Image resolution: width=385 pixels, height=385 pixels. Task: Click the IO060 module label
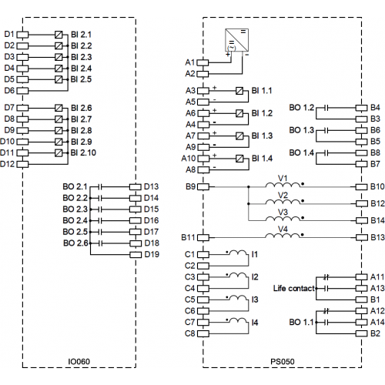[79, 361]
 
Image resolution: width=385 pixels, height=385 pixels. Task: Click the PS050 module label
[283, 361]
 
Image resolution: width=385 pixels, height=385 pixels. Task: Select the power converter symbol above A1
[236, 40]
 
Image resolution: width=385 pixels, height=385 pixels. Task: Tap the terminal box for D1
[22, 35]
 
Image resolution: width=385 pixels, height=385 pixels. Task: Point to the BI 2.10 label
[83, 152]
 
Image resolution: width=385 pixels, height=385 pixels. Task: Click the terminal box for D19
[136, 255]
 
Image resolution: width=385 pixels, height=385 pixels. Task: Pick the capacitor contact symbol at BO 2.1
[100, 187]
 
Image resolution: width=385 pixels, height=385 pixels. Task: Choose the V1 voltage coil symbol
[283, 185]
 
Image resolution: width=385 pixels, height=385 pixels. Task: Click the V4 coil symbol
[283, 236]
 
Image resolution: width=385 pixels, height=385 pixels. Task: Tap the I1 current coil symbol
[238, 253]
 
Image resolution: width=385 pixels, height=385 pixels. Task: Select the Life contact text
[294, 289]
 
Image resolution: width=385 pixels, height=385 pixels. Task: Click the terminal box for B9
[203, 187]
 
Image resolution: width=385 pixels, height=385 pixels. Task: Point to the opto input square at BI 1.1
[239, 91]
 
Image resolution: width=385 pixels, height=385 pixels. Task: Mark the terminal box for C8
[203, 333]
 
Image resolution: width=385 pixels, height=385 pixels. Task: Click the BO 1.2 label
[302, 108]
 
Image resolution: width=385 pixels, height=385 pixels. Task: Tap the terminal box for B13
[362, 237]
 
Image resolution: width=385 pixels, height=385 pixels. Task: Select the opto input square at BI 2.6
[59, 108]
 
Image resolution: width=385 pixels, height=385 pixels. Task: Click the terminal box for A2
[203, 74]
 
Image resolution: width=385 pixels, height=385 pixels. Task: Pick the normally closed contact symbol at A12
[326, 311]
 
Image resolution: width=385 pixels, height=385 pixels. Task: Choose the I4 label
[255, 323]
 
